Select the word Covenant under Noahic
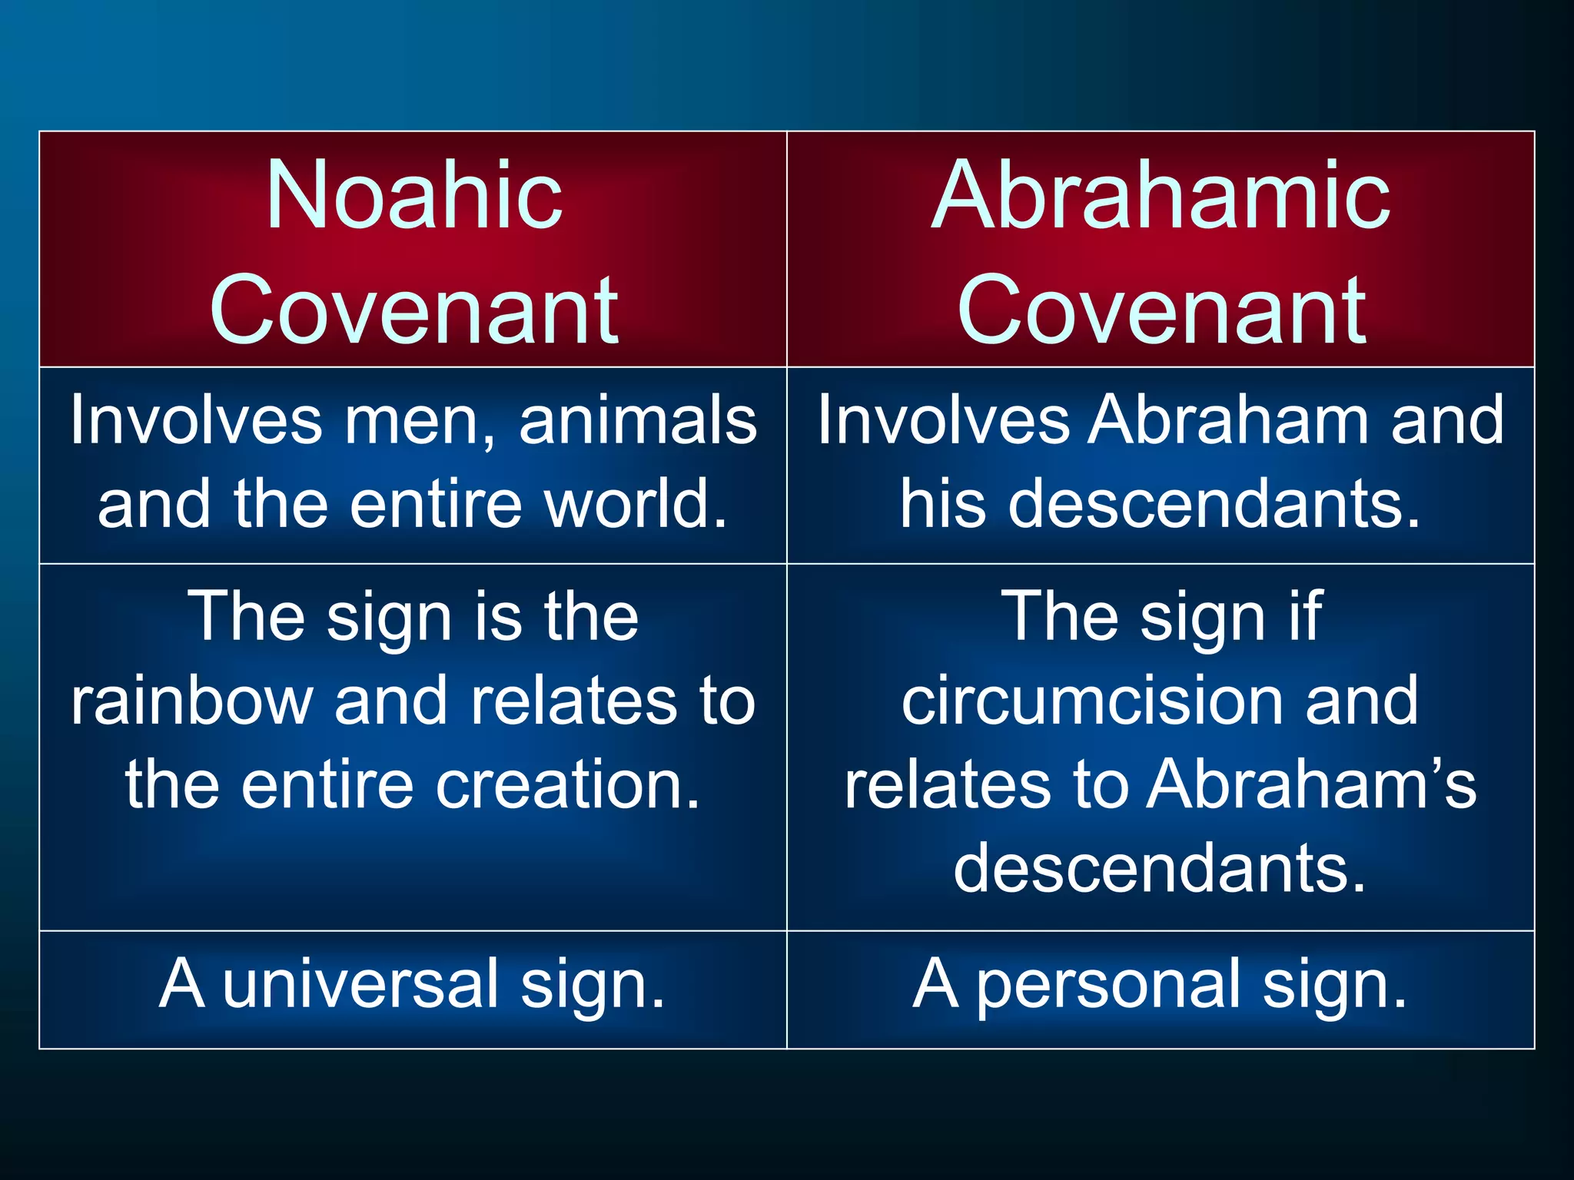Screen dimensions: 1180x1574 pos(414,310)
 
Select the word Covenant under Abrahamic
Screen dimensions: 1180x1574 pos(1161,310)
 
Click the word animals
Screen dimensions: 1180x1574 pos(638,420)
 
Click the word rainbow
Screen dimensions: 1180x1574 pos(192,701)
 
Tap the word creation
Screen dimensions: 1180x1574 pos(569,785)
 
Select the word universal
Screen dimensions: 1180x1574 pos(361,984)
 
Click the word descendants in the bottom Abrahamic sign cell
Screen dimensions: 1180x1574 pos(1161,869)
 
